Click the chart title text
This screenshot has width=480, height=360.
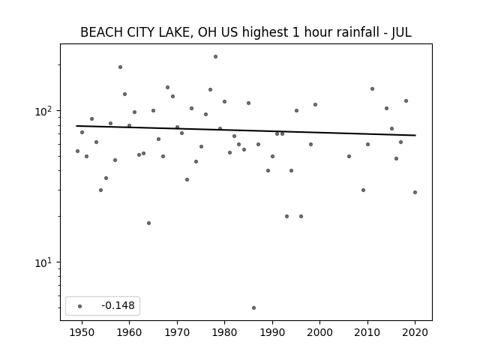[x=246, y=32]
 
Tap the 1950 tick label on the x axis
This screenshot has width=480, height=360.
[x=82, y=332]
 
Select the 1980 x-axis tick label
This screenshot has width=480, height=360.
[x=224, y=332]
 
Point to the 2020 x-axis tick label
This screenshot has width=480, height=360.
[x=415, y=332]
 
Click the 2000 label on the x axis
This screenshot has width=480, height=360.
[x=319, y=332]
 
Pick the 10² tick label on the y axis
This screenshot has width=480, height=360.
[x=45, y=112]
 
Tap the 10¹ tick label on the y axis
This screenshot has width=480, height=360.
[x=45, y=263]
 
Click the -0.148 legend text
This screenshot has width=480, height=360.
[x=118, y=305]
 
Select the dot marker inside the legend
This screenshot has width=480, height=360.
[x=80, y=306]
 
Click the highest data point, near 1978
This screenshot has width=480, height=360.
[x=215, y=57]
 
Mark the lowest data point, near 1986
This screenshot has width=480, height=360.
[x=253, y=308]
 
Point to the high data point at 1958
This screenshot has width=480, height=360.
[x=120, y=67]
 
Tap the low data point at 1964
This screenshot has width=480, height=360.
[x=148, y=223]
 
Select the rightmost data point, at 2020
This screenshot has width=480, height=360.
[x=415, y=192]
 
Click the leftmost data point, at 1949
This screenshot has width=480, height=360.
[x=77, y=151]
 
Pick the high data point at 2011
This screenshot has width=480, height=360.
[x=372, y=88]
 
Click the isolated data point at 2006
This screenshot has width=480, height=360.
[x=349, y=157]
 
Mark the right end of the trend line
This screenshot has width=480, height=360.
[x=415, y=135]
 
